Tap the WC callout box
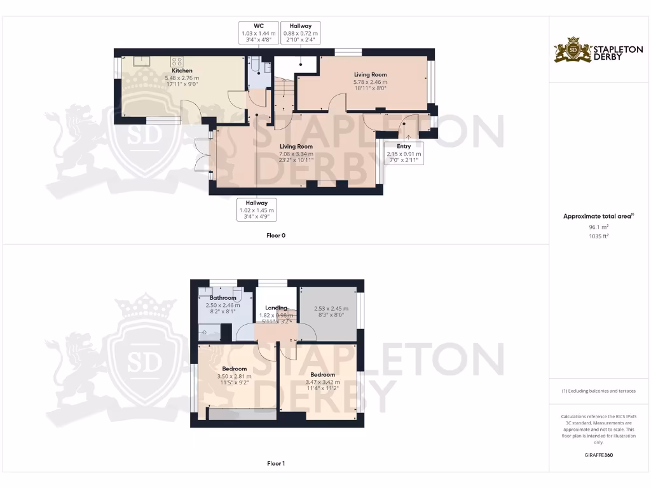258,32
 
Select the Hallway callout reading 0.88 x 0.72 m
301,32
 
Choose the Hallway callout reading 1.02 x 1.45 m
257,209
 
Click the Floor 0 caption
276,235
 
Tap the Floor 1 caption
276,464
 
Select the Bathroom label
223,297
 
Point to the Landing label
276,308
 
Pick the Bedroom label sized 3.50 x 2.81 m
235,369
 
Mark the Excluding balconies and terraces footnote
598,391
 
